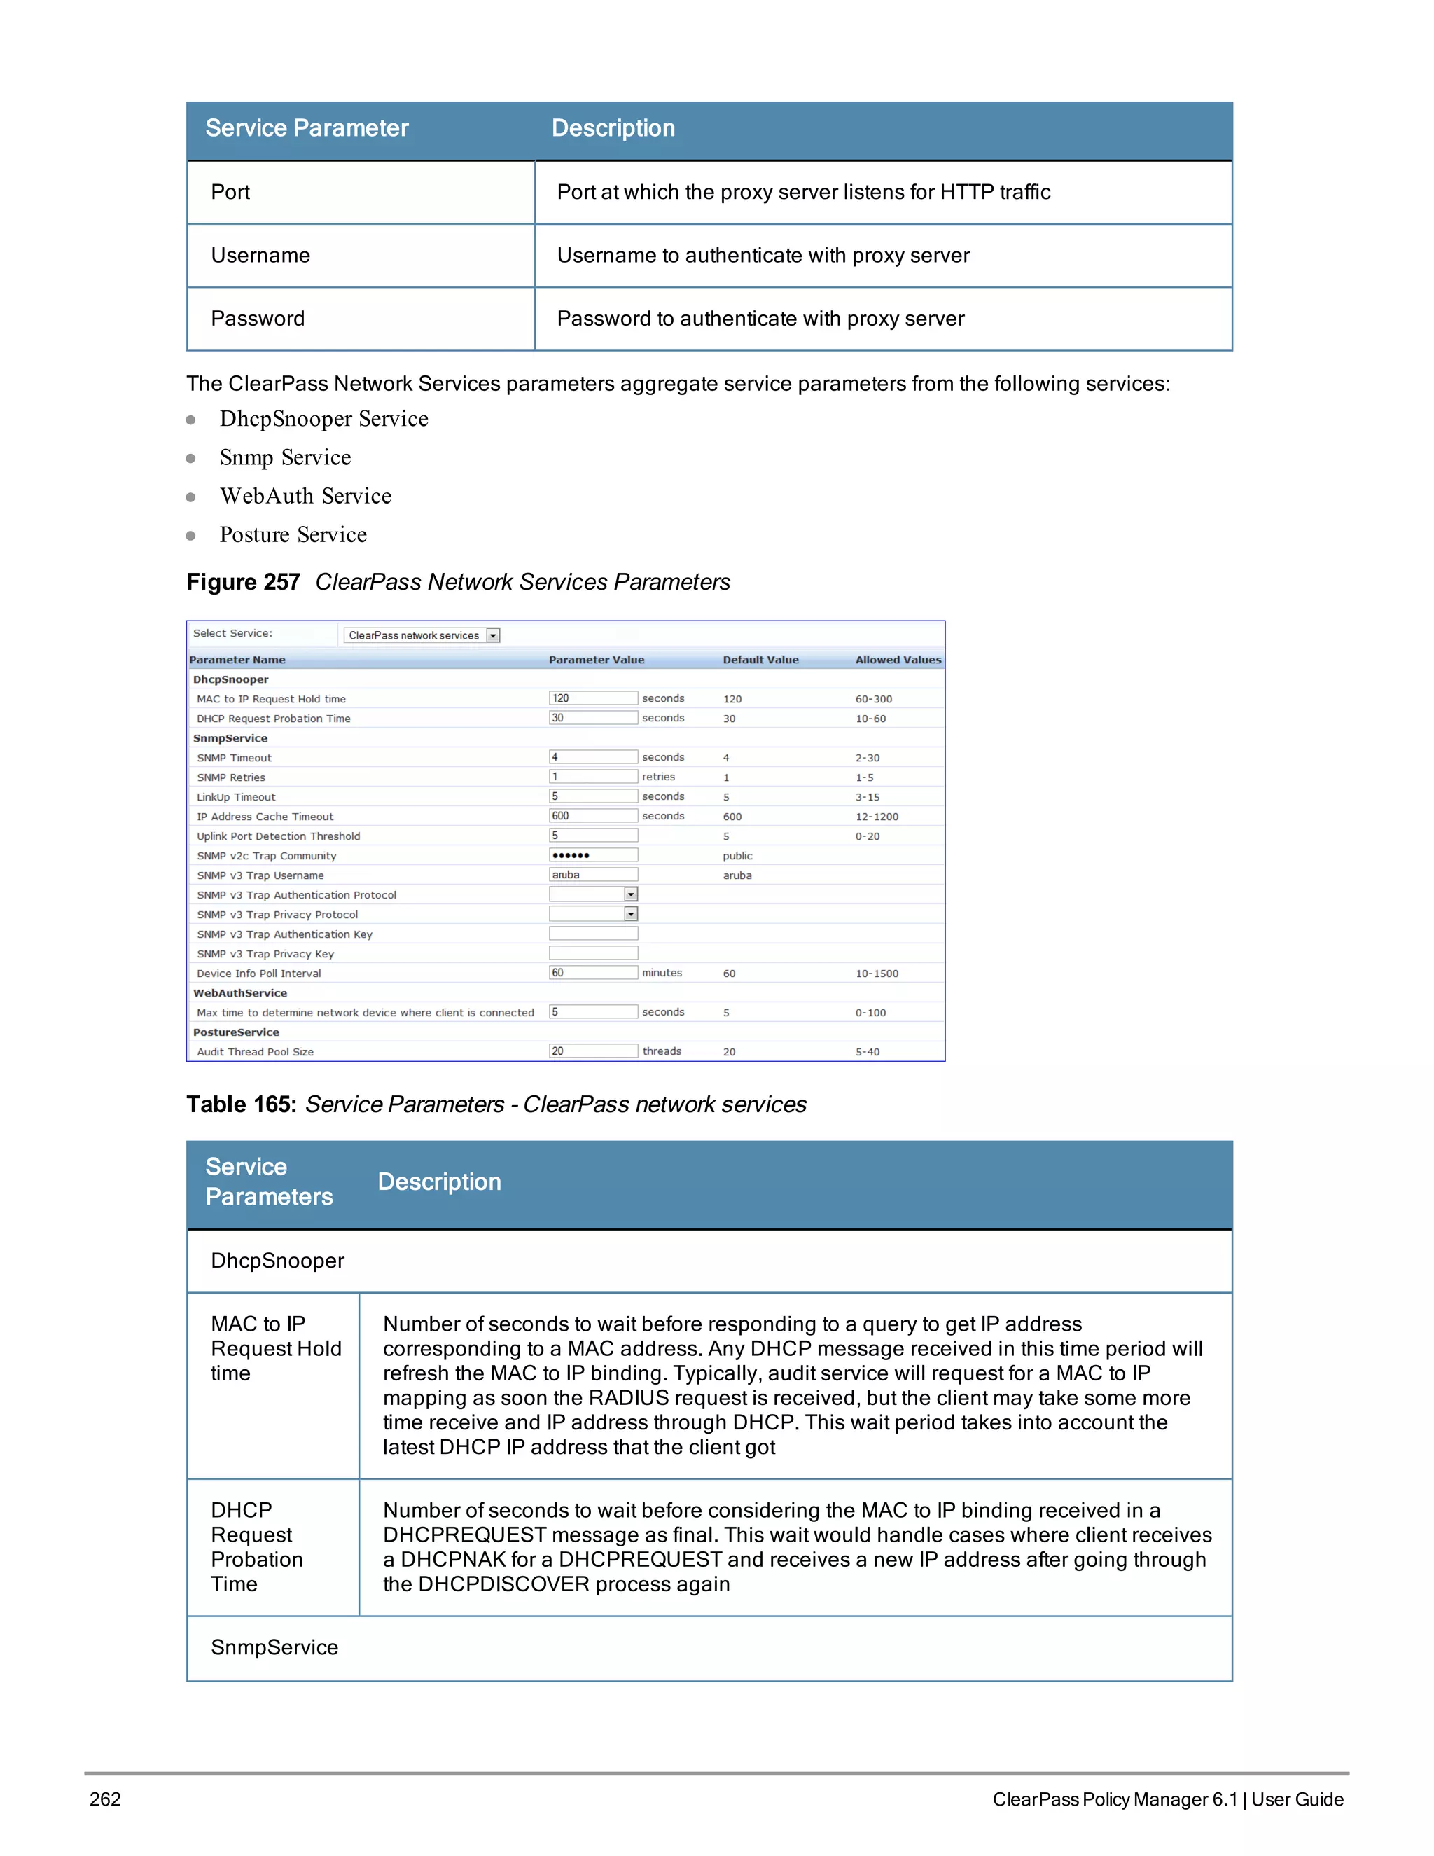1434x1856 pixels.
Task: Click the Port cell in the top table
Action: point(230,192)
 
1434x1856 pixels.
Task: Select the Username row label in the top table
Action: point(260,256)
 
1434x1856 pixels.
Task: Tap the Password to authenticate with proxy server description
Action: point(760,319)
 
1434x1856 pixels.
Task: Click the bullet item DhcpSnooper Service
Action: point(323,419)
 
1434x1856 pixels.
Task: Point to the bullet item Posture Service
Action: point(293,534)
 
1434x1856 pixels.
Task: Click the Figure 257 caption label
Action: point(243,582)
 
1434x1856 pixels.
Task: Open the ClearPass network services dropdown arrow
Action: point(493,636)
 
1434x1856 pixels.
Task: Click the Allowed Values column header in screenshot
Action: point(897,660)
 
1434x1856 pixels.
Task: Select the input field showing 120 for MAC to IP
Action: point(592,698)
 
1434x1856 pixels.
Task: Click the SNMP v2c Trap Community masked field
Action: point(592,855)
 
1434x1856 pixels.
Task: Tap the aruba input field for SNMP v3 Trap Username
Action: point(592,875)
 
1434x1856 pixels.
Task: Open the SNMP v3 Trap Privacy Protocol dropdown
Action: point(630,915)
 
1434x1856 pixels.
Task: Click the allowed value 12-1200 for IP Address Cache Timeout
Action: point(876,817)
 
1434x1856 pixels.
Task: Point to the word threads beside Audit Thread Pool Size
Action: point(662,1051)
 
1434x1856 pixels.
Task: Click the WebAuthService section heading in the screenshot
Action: point(239,992)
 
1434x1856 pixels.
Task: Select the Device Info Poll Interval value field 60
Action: point(592,973)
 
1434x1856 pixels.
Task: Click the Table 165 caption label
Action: point(242,1104)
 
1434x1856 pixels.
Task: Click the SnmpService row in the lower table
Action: point(274,1648)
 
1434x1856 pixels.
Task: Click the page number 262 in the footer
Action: point(105,1799)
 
